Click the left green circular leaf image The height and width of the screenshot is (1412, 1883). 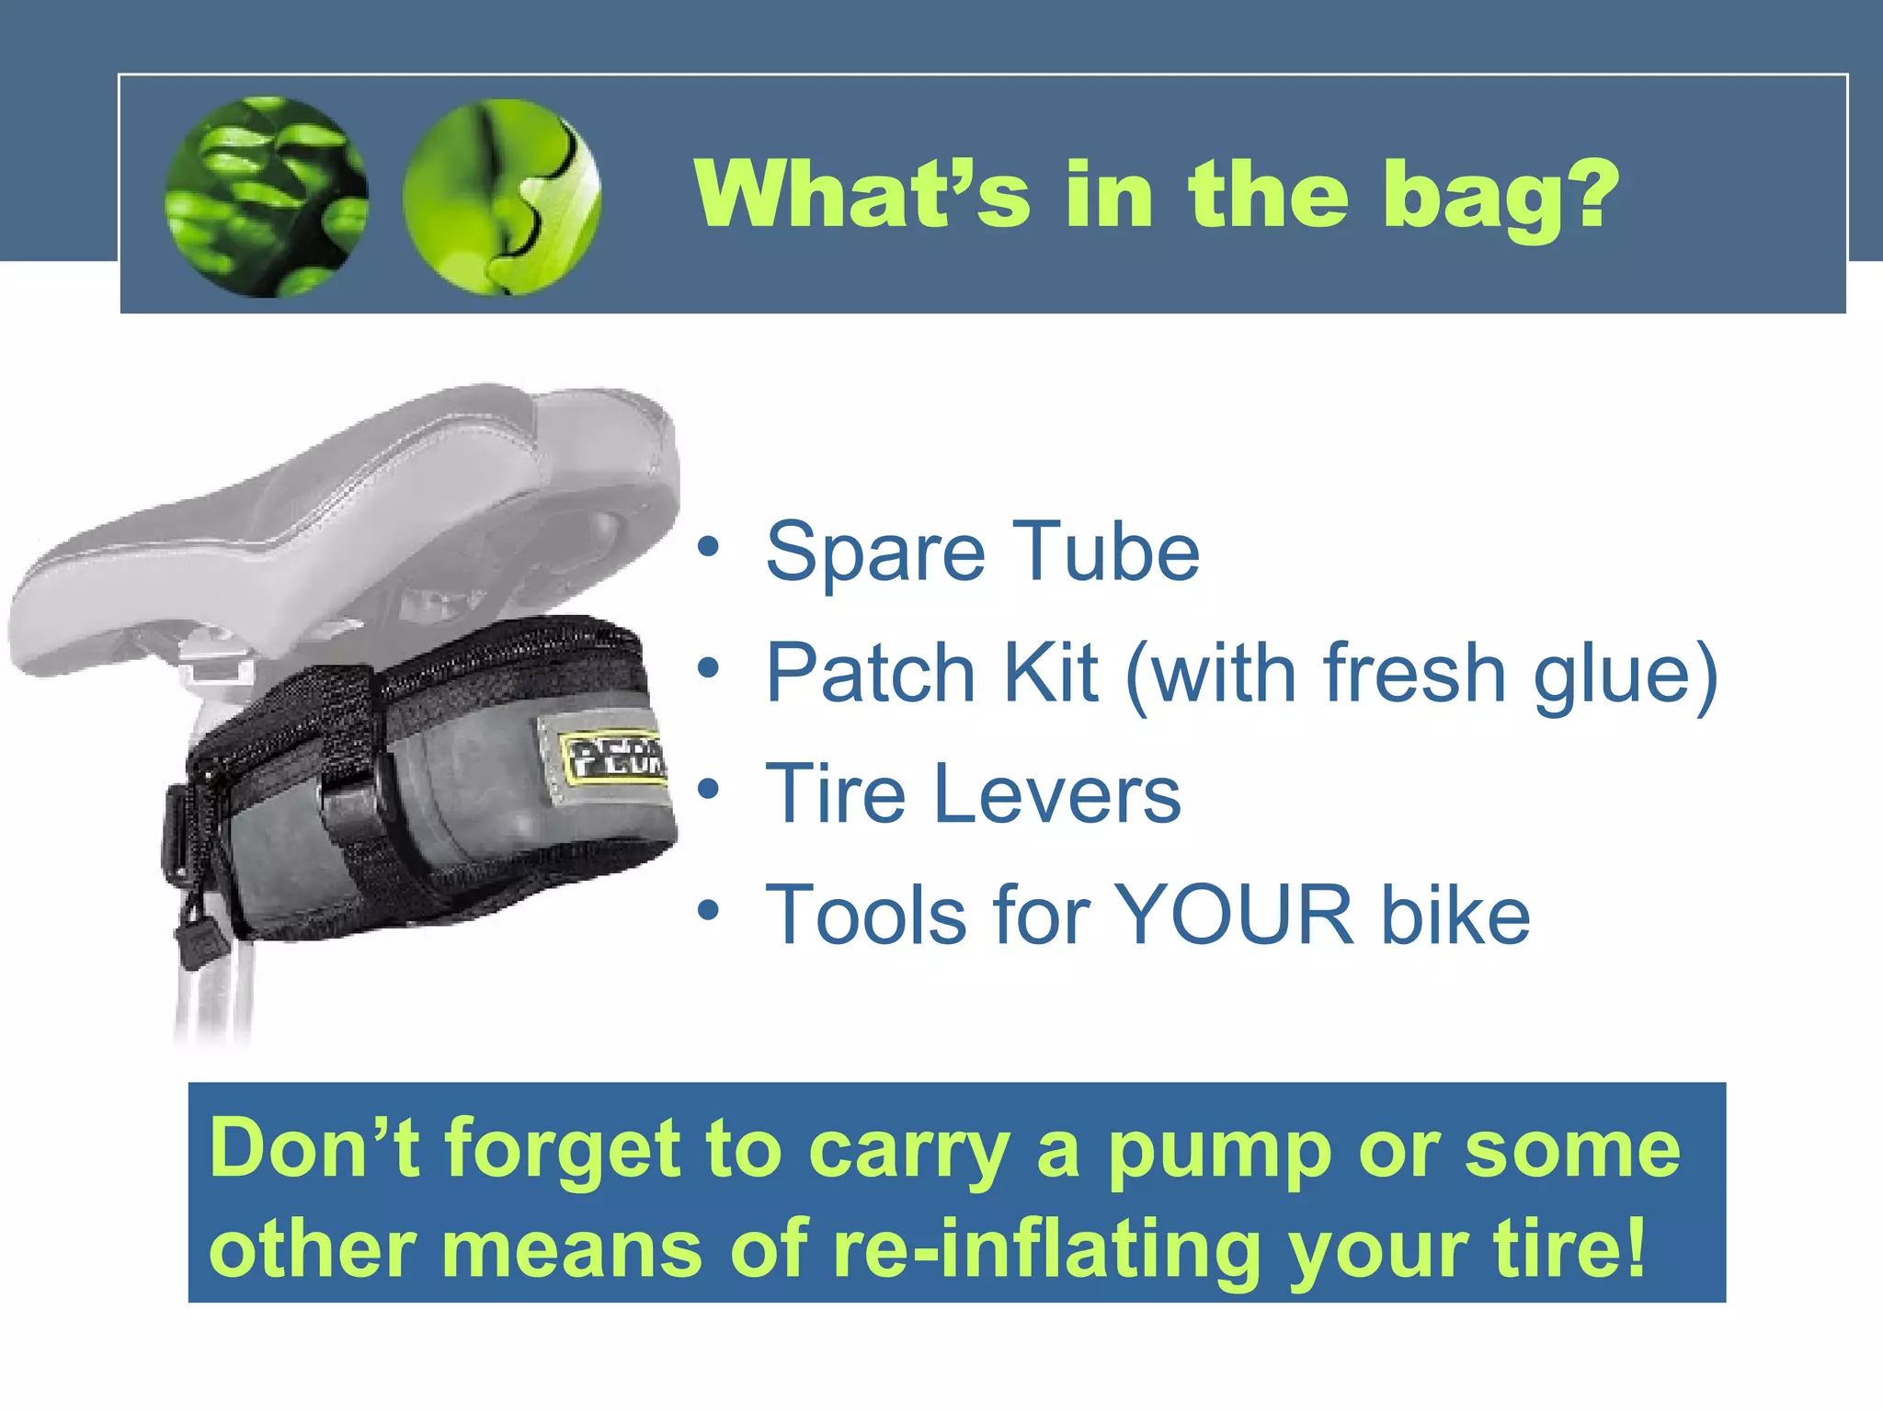[267, 197]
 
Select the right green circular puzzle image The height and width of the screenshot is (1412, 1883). [502, 197]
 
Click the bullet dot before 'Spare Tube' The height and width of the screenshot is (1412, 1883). [707, 546]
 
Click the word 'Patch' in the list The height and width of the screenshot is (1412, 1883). [870, 673]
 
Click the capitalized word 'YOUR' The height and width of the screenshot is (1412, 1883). [1234, 915]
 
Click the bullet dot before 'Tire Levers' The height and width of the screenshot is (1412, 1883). [707, 789]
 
